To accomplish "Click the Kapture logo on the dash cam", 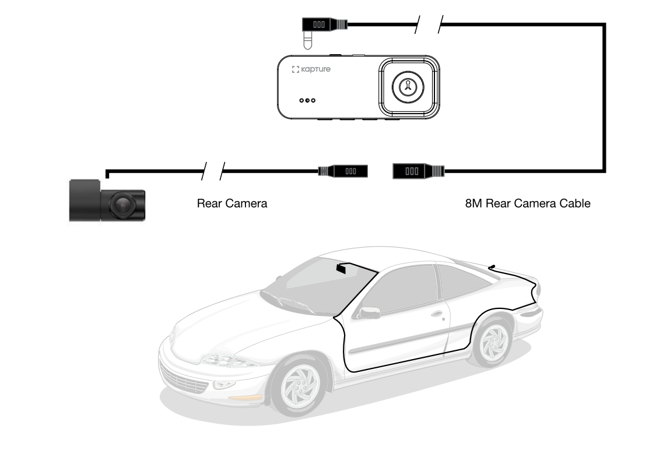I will (x=311, y=69).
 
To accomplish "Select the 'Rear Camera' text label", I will (x=232, y=203).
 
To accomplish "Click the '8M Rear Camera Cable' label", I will (x=528, y=203).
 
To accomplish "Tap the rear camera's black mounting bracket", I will (x=85, y=201).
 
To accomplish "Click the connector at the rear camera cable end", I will (x=344, y=171).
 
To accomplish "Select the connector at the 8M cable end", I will (x=418, y=171).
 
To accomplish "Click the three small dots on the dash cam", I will (x=307, y=100).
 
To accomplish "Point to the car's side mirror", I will (x=369, y=313).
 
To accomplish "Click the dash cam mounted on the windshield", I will (x=341, y=268).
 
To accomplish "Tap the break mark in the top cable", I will (x=429, y=24).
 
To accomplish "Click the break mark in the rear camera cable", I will (x=213, y=171).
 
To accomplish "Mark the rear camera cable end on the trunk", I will (x=493, y=266).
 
